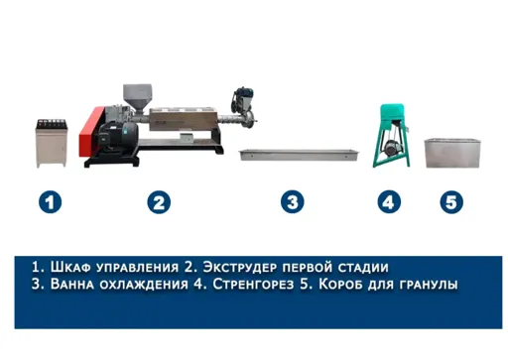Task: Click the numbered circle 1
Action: pyautogui.click(x=50, y=202)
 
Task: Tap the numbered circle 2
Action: pyautogui.click(x=159, y=202)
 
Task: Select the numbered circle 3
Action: pyautogui.click(x=293, y=202)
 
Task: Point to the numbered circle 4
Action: pyautogui.click(x=389, y=202)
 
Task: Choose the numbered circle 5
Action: pyautogui.click(x=451, y=202)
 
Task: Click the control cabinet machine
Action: pyautogui.click(x=52, y=143)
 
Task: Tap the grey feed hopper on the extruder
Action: pyautogui.click(x=138, y=98)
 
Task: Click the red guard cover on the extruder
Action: pyautogui.click(x=90, y=132)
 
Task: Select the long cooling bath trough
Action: pyautogui.click(x=299, y=155)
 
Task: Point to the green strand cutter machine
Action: pyautogui.click(x=392, y=136)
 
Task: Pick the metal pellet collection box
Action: pyautogui.click(x=452, y=153)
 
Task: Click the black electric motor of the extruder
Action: pyautogui.click(x=118, y=136)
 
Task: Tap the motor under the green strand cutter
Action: pyautogui.click(x=390, y=147)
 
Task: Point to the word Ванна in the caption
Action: pyautogui.click(x=72, y=284)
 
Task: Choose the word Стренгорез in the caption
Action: pyautogui.click(x=253, y=284)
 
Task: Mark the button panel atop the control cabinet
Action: pyautogui.click(x=52, y=124)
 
